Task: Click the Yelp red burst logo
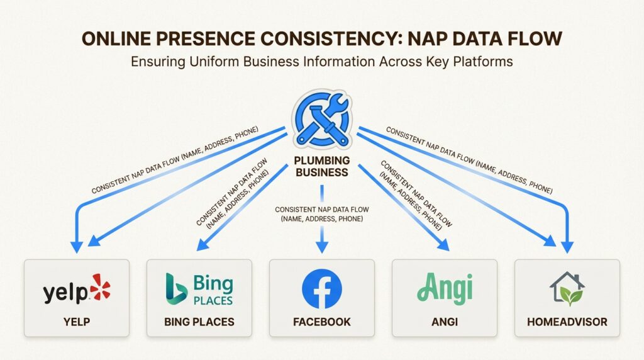pyautogui.click(x=100, y=287)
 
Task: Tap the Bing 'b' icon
pyautogui.click(x=176, y=288)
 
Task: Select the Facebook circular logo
pyautogui.click(x=322, y=289)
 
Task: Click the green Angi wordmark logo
pyautogui.click(x=445, y=288)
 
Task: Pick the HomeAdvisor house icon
pyautogui.click(x=567, y=288)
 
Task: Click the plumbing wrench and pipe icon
pyautogui.click(x=322, y=119)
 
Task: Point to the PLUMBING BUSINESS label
pyautogui.click(x=322, y=166)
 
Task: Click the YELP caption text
pyautogui.click(x=77, y=322)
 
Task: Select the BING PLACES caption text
pyautogui.click(x=199, y=322)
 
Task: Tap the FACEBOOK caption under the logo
pyautogui.click(x=322, y=322)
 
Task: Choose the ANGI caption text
pyautogui.click(x=445, y=322)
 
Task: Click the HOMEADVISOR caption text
pyautogui.click(x=567, y=322)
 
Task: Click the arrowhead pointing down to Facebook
pyautogui.click(x=322, y=247)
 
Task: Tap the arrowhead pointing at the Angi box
pyautogui.click(x=443, y=245)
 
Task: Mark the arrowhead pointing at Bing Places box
pyautogui.click(x=203, y=245)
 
